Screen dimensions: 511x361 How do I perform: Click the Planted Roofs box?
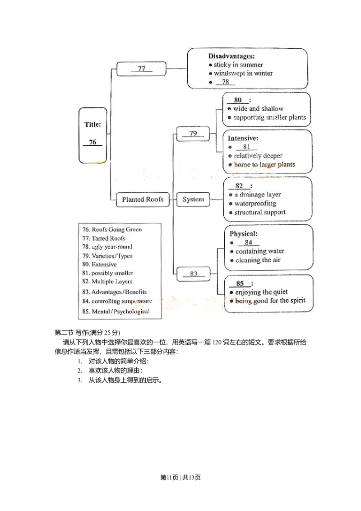coord(143,200)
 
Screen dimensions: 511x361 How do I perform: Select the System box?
coord(193,200)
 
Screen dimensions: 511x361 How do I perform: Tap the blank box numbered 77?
coord(141,70)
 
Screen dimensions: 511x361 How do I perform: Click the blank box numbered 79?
coord(193,134)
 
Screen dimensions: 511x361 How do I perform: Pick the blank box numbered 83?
coord(193,274)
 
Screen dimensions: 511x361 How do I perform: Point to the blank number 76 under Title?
coord(93,142)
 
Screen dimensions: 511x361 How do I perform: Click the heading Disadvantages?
coord(231,56)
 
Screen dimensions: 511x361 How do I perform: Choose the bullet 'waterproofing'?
coord(255,204)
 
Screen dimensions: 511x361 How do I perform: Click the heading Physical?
coord(243,234)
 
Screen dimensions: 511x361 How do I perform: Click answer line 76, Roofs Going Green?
coord(112,229)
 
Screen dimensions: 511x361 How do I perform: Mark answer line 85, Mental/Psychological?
coord(116,311)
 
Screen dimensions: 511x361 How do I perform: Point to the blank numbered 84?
coord(248,242)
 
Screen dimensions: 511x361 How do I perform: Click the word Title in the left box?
coord(93,124)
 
